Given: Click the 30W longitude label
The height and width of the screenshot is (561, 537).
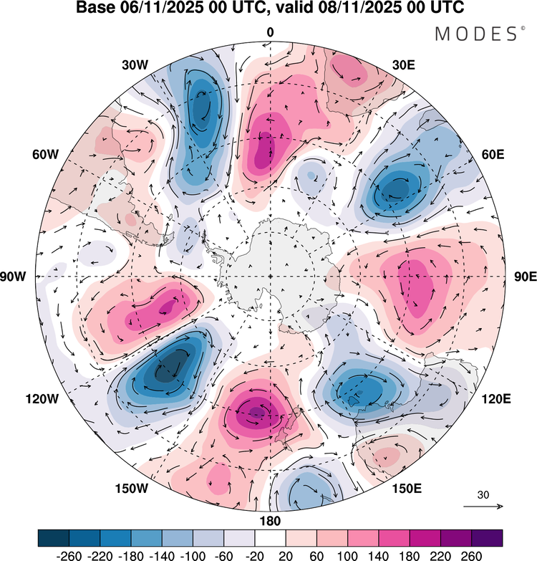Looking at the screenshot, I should pos(135,64).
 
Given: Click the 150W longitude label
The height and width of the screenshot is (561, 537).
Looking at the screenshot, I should pos(133,489).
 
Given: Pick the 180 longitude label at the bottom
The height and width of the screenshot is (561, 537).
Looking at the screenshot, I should pos(270,520).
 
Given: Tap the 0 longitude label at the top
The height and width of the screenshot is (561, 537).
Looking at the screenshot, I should pos(270,32).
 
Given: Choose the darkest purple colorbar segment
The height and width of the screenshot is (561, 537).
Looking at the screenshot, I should pos(486,537).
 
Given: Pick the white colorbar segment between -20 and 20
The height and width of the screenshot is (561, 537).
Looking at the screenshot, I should pos(270,537).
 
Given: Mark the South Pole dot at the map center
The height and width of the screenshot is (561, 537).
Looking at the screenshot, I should pos(270,277).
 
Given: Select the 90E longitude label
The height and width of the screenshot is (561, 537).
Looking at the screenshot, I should pos(526,277).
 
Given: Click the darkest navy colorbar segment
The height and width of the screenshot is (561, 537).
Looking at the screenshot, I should pos(53,537).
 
